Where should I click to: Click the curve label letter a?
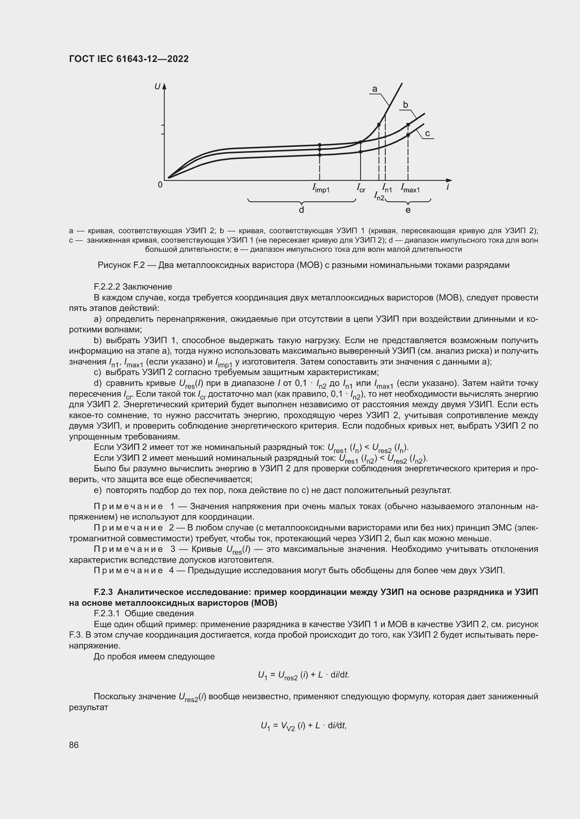coord(375,89)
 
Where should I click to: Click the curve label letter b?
coord(405,104)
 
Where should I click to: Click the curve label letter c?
coord(427,133)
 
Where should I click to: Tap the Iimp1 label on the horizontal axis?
coord(321,188)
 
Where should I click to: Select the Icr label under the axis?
coord(361,188)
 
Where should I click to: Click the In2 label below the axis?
coord(379,196)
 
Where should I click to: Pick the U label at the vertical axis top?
coord(157,86)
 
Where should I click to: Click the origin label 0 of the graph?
coord(160,185)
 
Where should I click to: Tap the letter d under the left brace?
coord(302,210)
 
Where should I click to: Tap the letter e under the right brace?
coord(408,210)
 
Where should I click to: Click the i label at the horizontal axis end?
coord(447,187)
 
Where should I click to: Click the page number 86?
coord(74,745)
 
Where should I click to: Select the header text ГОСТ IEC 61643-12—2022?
coord(129,59)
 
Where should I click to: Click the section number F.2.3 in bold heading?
coord(103,592)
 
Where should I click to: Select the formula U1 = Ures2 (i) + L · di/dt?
coord(303,675)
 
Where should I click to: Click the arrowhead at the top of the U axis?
coord(165,86)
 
